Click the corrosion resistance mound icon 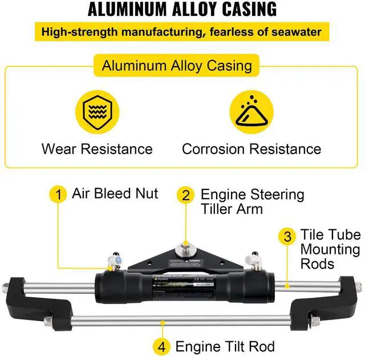(x=252, y=111)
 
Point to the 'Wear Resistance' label (x=97, y=149)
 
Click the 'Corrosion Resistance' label (x=252, y=149)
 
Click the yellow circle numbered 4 (x=163, y=346)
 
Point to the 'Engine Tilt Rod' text (x=225, y=346)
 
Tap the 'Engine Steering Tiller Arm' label (x=252, y=201)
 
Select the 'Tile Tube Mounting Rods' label (x=330, y=249)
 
